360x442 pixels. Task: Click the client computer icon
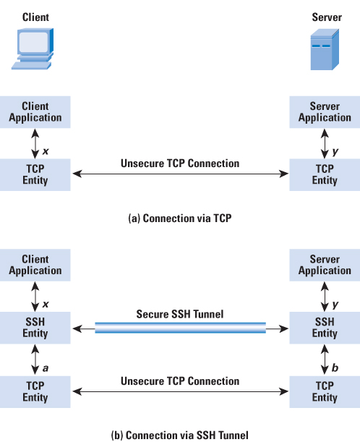(x=33, y=48)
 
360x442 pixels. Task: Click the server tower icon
(x=325, y=49)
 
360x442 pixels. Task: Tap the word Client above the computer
(x=35, y=17)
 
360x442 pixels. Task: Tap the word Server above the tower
(x=327, y=17)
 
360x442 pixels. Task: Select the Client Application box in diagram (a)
(x=35, y=112)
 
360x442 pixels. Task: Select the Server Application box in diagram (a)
(x=325, y=112)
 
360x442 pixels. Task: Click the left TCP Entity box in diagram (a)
(x=35, y=175)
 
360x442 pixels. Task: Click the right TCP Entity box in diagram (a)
(x=325, y=175)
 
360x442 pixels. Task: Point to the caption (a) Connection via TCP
(x=180, y=218)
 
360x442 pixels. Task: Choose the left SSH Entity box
(x=35, y=328)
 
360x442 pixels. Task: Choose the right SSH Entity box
(x=325, y=328)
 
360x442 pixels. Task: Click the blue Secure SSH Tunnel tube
(x=180, y=328)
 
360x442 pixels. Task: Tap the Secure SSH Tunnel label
(x=180, y=314)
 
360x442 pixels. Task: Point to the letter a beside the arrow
(x=46, y=368)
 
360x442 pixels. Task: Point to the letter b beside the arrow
(x=335, y=367)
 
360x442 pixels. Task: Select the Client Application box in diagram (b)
(x=35, y=265)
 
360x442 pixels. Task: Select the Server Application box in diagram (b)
(x=325, y=265)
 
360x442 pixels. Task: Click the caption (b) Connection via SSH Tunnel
(x=180, y=435)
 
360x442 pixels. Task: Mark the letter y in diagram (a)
(x=335, y=152)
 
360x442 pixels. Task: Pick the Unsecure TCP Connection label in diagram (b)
(x=180, y=381)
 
